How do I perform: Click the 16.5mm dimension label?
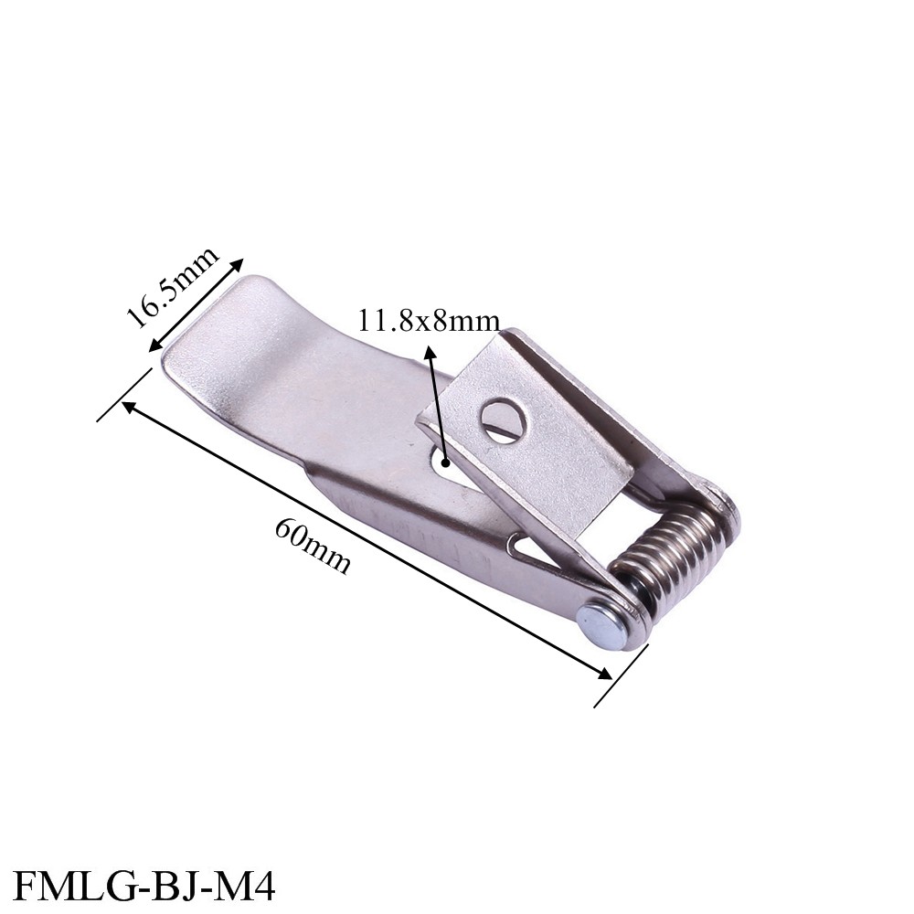pos(173,287)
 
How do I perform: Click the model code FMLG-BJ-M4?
pos(145,886)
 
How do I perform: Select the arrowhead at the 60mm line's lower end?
pos(605,674)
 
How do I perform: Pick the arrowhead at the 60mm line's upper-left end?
pos(128,406)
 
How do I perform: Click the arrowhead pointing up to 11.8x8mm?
pos(427,351)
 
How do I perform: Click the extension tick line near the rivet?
pos(621,675)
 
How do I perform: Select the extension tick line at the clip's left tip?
pos(124,395)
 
